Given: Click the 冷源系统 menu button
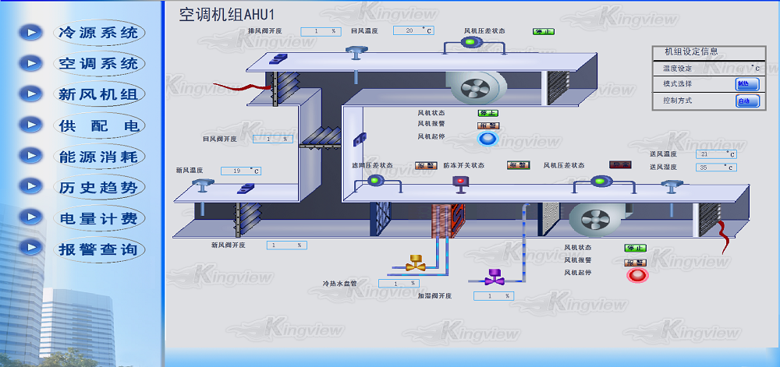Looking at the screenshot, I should click(x=98, y=33).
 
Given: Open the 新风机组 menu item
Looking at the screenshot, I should click(x=98, y=94).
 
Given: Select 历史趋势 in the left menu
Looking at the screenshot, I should click(x=98, y=187).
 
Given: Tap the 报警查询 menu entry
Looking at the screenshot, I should click(x=98, y=249).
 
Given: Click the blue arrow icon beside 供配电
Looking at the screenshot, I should click(x=30, y=125).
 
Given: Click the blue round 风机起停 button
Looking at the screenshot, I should click(x=487, y=139).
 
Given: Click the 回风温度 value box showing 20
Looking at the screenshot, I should click(x=413, y=30).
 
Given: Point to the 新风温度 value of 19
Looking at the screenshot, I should click(x=240, y=171).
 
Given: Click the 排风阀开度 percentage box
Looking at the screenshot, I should click(x=321, y=31).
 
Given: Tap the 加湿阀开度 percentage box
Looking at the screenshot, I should click(x=492, y=296).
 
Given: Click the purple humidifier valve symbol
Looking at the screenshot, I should click(x=493, y=276).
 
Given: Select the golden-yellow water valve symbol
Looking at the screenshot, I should click(x=415, y=263).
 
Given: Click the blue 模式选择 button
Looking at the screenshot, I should click(x=746, y=84).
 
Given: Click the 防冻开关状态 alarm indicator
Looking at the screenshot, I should click(x=518, y=165).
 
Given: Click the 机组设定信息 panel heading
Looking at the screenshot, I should click(x=691, y=51).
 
